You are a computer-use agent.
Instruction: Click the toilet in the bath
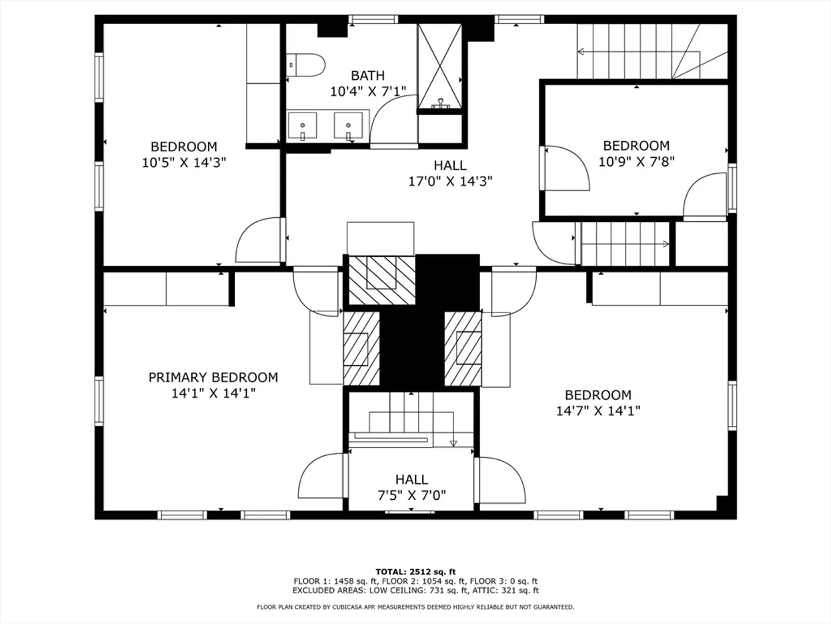coord(305,65)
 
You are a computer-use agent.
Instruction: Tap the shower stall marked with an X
coord(440,66)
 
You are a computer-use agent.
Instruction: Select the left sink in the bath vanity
coord(302,125)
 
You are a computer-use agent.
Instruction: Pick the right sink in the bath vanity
coord(349,125)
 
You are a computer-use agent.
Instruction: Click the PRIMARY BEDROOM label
coord(213,377)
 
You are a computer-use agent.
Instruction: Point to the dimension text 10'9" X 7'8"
coord(637,162)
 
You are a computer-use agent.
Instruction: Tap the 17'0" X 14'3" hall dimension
coord(450,181)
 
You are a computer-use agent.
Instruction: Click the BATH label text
coord(368,75)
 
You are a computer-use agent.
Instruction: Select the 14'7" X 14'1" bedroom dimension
coord(598,411)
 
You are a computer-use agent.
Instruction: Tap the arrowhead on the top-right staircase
coord(581,51)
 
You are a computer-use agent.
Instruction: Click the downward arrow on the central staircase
coord(453,443)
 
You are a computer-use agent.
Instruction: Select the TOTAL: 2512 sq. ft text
coord(415,572)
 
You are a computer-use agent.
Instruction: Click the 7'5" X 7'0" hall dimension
coord(411,495)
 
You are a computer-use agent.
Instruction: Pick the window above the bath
coord(373,19)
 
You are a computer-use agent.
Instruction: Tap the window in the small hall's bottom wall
coord(410,512)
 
